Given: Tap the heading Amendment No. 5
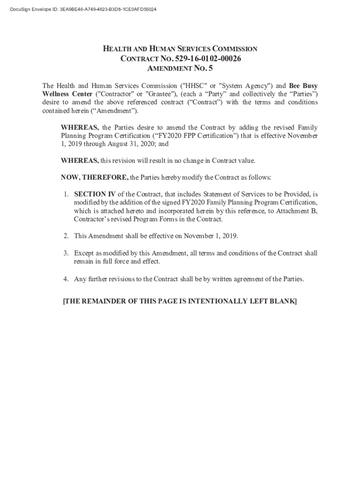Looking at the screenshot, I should click(x=180, y=69).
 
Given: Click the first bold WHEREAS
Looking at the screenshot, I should click(x=79, y=127).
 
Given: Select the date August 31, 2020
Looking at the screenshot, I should click(x=133, y=144).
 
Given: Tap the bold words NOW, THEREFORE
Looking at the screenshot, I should click(x=94, y=178).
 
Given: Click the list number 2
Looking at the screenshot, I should click(x=66, y=235).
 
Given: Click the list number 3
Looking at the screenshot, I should click(x=66, y=253).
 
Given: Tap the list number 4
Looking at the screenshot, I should click(x=66, y=279).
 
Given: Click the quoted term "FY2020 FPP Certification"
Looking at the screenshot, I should click(x=187, y=136).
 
